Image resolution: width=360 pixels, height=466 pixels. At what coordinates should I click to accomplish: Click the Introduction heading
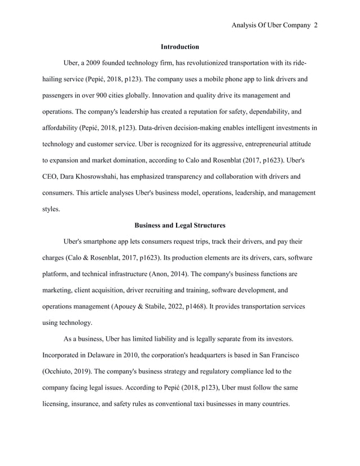[179, 46]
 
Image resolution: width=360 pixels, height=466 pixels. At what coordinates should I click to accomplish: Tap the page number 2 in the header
[315, 25]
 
